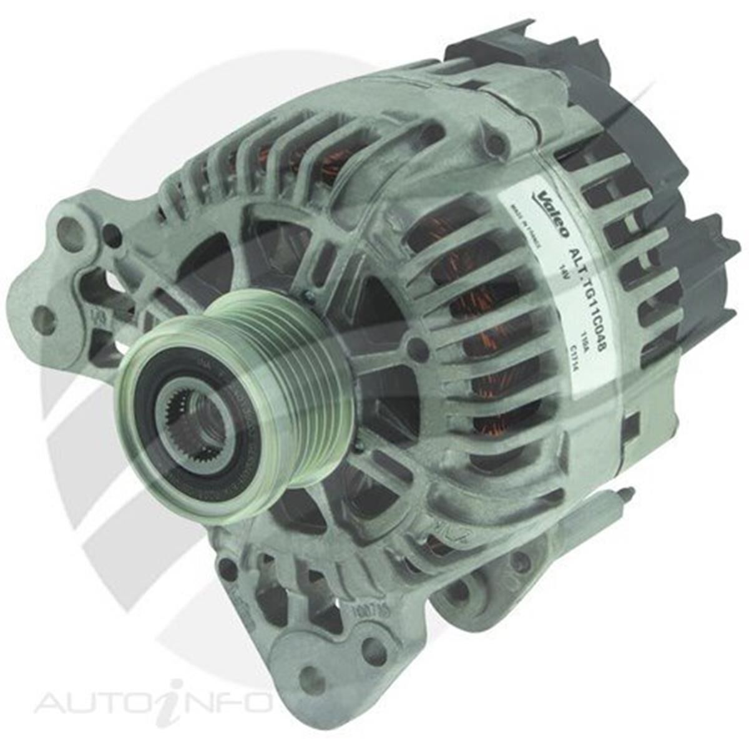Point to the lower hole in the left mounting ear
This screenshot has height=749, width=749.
(x=44, y=319)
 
